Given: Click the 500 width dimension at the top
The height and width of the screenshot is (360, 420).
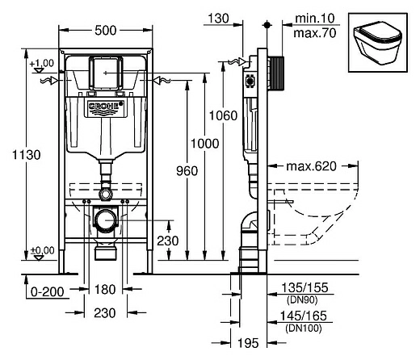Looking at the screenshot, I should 106,31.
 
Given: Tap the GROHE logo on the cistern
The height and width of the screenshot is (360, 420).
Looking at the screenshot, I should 107,106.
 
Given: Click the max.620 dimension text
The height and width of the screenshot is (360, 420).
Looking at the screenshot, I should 310,168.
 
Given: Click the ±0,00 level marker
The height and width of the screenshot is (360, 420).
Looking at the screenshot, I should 43,250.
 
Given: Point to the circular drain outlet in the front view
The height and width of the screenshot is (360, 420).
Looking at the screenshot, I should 106,219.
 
